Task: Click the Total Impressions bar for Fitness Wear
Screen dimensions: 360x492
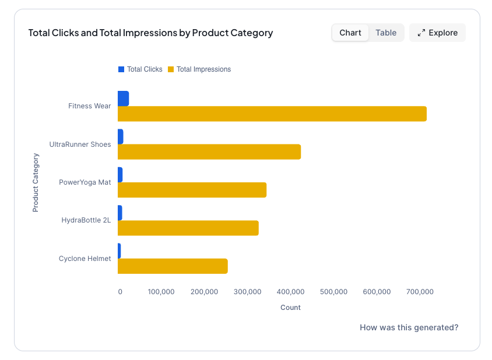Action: [x=272, y=114]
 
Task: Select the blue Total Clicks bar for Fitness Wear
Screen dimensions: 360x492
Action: [x=123, y=98]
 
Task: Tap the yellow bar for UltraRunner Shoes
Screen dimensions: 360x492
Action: [x=209, y=151]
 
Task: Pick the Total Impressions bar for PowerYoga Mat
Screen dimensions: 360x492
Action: [x=192, y=190]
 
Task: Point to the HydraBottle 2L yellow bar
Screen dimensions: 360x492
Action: [x=188, y=228]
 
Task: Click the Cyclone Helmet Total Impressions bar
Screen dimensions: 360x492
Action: [x=173, y=266]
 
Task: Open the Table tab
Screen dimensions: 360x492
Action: [x=386, y=33]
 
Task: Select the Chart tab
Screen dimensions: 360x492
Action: [x=350, y=33]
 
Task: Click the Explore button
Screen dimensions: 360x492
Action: [x=437, y=33]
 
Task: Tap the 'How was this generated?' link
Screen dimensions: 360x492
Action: [x=409, y=327]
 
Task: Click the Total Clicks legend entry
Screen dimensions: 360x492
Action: [x=140, y=69]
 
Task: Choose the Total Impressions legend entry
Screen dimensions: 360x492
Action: [x=199, y=69]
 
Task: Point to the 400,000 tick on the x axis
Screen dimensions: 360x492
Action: [x=290, y=292]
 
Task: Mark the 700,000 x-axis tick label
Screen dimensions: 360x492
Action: [x=420, y=292]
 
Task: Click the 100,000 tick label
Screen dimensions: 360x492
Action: [x=161, y=292]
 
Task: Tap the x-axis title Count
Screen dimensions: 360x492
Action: [x=290, y=307]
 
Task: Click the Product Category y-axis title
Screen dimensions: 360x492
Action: [x=36, y=182]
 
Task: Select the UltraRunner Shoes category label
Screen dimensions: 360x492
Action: [x=80, y=144]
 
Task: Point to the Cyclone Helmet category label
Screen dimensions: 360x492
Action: [x=85, y=258]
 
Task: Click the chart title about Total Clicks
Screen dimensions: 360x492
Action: [x=150, y=33]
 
